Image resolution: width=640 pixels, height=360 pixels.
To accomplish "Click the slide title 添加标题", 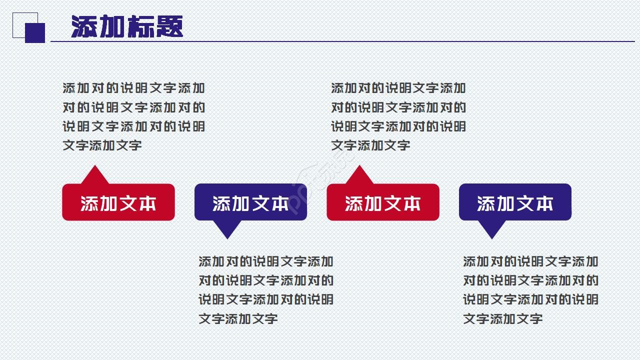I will pos(127,26).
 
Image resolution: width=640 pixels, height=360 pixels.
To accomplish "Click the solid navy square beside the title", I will pos(35,33).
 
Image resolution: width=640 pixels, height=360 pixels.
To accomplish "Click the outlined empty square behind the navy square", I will pos(19,19).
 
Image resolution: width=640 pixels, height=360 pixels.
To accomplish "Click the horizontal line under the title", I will pos(350,41).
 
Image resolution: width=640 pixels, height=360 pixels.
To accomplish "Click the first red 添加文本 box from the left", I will pos(118,202).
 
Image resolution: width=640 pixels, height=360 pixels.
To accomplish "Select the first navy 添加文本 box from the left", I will pos(250,202).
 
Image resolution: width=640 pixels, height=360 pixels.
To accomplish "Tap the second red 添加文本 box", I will pos(383,202).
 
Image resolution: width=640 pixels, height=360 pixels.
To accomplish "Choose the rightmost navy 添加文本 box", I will pos(515,202).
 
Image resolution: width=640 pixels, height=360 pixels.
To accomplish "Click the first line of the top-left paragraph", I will pos(133,88).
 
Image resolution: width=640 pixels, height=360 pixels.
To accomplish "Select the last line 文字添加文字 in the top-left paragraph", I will pos(102,145).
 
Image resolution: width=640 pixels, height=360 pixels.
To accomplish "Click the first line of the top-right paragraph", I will pos(398,88).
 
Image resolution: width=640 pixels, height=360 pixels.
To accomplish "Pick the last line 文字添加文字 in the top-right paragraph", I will pos(370,145).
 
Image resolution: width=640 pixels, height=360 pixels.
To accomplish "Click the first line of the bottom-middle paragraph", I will pos(266,261).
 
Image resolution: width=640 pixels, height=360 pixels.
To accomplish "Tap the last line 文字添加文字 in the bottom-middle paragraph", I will pos(238,318).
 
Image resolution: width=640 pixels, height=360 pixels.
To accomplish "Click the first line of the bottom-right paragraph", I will pos(530,261).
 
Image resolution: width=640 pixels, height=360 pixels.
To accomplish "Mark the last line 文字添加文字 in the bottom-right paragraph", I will pos(502,318).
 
